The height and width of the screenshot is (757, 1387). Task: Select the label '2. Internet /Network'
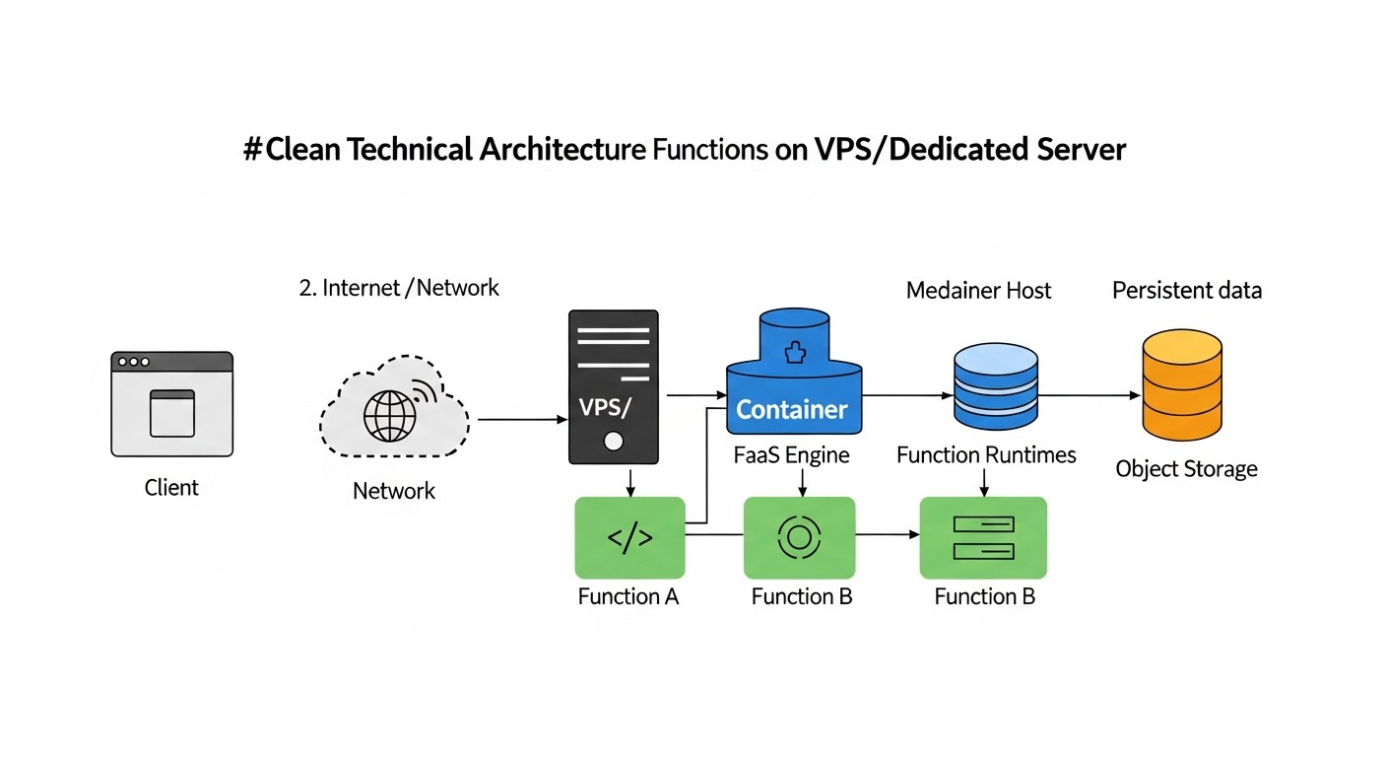(398, 288)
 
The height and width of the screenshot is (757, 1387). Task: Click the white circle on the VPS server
(613, 441)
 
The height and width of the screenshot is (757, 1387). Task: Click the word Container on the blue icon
(792, 409)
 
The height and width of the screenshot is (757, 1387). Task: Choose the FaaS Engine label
(792, 455)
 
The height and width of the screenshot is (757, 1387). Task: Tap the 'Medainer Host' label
(978, 291)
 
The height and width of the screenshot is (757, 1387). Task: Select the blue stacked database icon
(996, 386)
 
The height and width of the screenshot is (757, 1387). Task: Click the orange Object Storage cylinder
(1181, 386)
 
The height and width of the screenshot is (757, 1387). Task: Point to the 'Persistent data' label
(1186, 291)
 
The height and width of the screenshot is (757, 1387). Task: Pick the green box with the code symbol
(629, 537)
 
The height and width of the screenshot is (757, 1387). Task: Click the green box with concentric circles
(799, 537)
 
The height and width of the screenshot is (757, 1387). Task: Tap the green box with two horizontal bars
(983, 537)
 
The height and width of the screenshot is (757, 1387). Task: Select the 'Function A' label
(628, 596)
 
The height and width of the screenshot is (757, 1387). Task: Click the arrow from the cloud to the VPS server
(522, 419)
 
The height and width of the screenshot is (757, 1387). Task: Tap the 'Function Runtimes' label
(986, 455)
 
